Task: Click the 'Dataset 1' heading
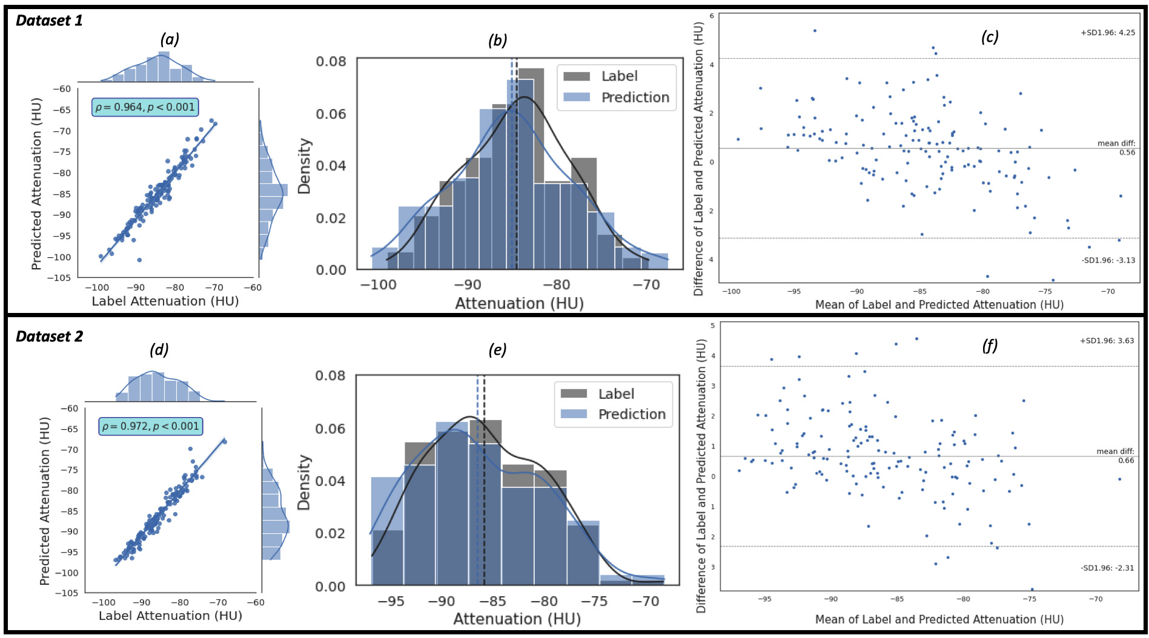(x=49, y=21)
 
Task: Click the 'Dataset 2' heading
(x=49, y=337)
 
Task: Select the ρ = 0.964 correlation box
(x=145, y=107)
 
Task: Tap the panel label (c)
(x=989, y=37)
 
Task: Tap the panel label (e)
(x=497, y=350)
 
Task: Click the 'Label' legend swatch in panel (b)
(x=577, y=76)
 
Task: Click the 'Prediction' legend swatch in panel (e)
(x=574, y=414)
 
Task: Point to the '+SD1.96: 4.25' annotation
(x=1108, y=33)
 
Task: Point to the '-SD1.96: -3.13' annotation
(x=1108, y=260)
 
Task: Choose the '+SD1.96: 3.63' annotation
(x=1107, y=341)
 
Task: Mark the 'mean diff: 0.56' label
(x=1116, y=148)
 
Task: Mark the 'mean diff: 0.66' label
(x=1115, y=456)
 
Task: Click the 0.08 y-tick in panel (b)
(x=331, y=61)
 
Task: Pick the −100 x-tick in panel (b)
(x=378, y=284)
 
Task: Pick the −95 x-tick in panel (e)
(x=391, y=602)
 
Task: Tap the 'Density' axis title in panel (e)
(x=304, y=482)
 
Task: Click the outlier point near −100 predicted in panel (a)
(x=139, y=260)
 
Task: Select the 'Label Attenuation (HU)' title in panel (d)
(x=170, y=616)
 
